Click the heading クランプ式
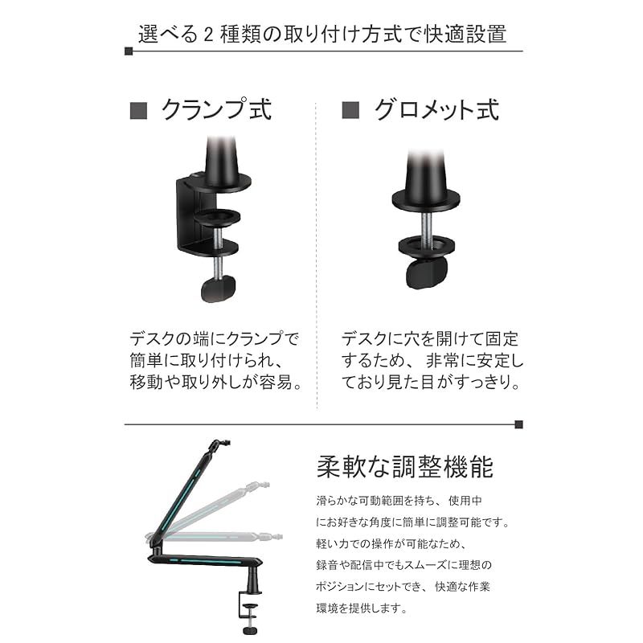(x=216, y=109)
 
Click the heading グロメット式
(x=436, y=109)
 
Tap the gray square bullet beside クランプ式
(x=138, y=111)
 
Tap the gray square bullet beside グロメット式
(x=350, y=110)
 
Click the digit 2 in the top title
(x=208, y=35)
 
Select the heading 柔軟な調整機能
(x=405, y=467)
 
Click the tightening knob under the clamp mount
(x=218, y=289)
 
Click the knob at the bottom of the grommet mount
(x=427, y=274)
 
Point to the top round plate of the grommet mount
(x=426, y=199)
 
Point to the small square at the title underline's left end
(x=129, y=51)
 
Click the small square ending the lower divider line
(x=518, y=424)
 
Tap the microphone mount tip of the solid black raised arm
(x=220, y=444)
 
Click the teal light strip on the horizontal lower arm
(x=204, y=561)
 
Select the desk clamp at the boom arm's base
(x=249, y=612)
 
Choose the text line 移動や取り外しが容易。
(x=216, y=382)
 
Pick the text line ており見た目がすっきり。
(x=431, y=382)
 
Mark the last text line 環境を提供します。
(x=361, y=608)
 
